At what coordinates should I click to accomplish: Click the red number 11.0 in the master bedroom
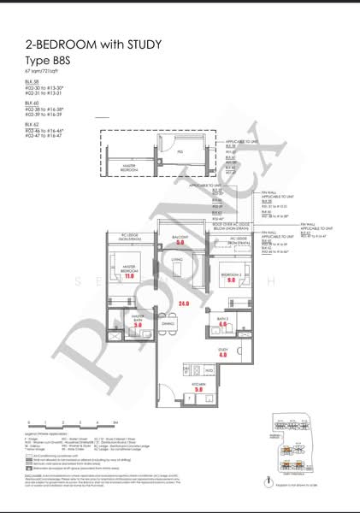tap(130, 276)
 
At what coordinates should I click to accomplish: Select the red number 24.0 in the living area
tap(183, 303)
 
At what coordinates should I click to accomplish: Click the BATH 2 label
tap(221, 318)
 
